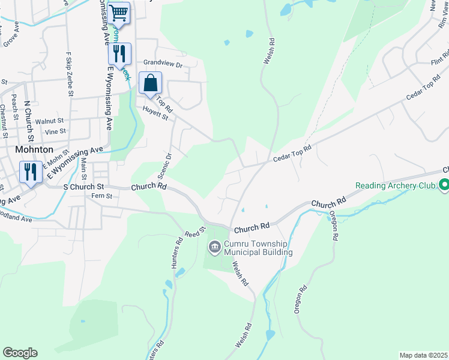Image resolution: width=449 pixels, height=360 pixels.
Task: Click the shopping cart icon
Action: click(x=119, y=12)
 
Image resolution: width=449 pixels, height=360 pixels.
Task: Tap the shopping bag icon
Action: click(x=151, y=83)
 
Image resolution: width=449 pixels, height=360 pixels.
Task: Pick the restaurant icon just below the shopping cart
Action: click(x=119, y=53)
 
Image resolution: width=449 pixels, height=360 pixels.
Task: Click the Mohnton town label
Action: click(x=35, y=149)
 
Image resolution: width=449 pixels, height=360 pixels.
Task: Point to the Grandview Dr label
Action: click(x=162, y=62)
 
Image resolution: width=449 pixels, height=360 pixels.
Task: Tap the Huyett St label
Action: click(x=155, y=113)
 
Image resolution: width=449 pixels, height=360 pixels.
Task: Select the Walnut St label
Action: click(x=50, y=121)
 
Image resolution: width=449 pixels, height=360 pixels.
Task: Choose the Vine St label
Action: click(x=55, y=131)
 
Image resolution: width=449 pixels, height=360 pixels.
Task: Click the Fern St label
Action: click(x=100, y=196)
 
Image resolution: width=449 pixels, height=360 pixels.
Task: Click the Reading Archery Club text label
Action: click(x=394, y=185)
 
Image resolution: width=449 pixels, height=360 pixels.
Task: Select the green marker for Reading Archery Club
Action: click(x=444, y=185)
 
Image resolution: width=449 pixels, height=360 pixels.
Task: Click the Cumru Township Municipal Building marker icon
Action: click(x=215, y=247)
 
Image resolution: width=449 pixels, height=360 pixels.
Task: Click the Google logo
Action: click(x=20, y=353)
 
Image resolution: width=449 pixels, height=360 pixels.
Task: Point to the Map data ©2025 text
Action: click(x=423, y=355)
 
